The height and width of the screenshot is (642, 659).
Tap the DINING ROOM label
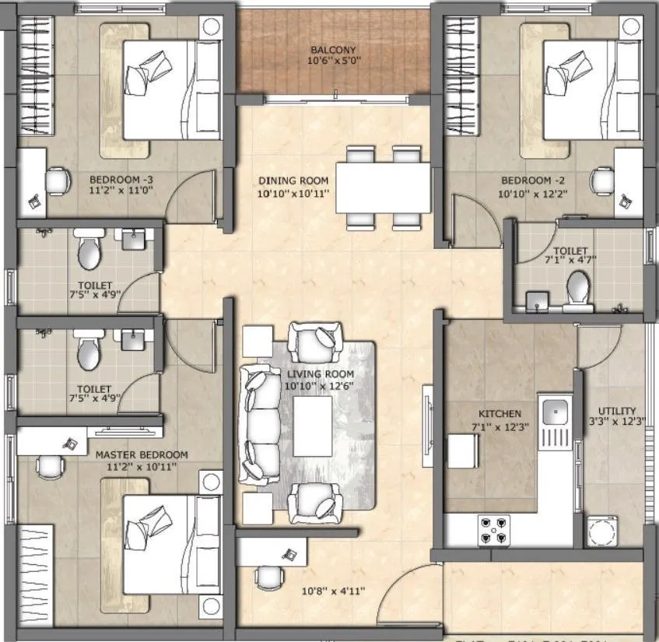click(293, 181)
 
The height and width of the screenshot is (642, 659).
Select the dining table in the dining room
click(384, 188)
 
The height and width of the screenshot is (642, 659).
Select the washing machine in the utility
click(603, 533)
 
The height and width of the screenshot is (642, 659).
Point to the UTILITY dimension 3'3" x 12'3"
click(618, 422)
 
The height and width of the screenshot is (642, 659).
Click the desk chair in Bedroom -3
click(57, 181)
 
